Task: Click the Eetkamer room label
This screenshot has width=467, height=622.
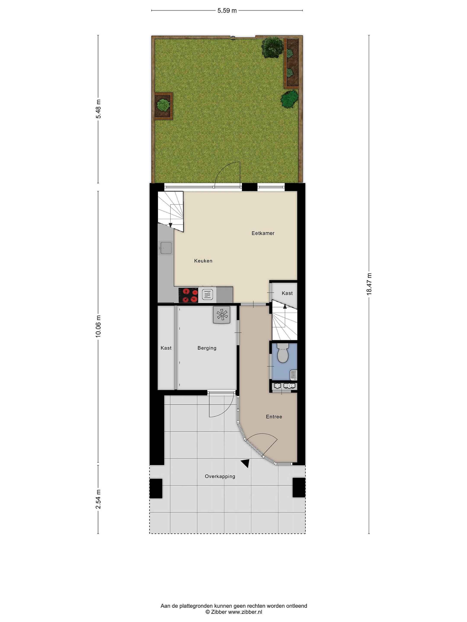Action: pyautogui.click(x=263, y=233)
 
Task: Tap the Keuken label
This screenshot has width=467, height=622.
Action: pyautogui.click(x=203, y=261)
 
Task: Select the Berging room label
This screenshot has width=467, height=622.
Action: pyautogui.click(x=207, y=348)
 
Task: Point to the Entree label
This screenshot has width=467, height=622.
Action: pyautogui.click(x=274, y=417)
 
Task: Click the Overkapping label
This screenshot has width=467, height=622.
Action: pyautogui.click(x=220, y=476)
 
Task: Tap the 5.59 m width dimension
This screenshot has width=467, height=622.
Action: pyautogui.click(x=227, y=11)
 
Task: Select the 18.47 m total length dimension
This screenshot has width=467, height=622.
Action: pyautogui.click(x=369, y=284)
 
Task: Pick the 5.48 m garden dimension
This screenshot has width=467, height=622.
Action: pyautogui.click(x=98, y=109)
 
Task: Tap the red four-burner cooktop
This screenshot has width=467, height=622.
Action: pyautogui.click(x=188, y=295)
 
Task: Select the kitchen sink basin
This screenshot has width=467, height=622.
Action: pyautogui.click(x=166, y=248)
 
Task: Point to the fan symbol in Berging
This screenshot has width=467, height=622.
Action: pyautogui.click(x=222, y=315)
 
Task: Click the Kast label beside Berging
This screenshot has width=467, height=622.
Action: pyautogui.click(x=166, y=348)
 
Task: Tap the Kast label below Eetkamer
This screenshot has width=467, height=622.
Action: pyautogui.click(x=287, y=293)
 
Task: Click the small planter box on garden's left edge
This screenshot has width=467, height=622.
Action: pyautogui.click(x=163, y=106)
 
